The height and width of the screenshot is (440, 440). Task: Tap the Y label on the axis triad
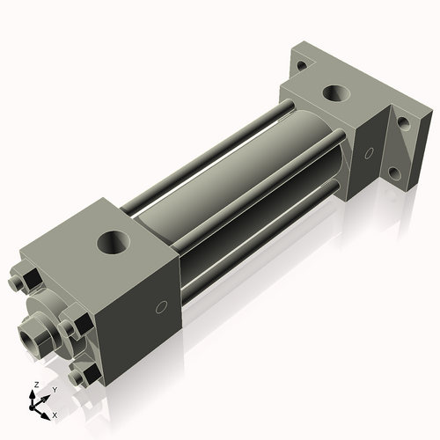55,389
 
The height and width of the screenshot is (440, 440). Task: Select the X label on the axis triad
55,414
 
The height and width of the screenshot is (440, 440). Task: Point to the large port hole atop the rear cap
335,93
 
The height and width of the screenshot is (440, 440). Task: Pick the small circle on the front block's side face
161,307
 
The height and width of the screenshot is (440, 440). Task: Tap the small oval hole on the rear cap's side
370,155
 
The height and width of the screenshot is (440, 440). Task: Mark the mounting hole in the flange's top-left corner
302,64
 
